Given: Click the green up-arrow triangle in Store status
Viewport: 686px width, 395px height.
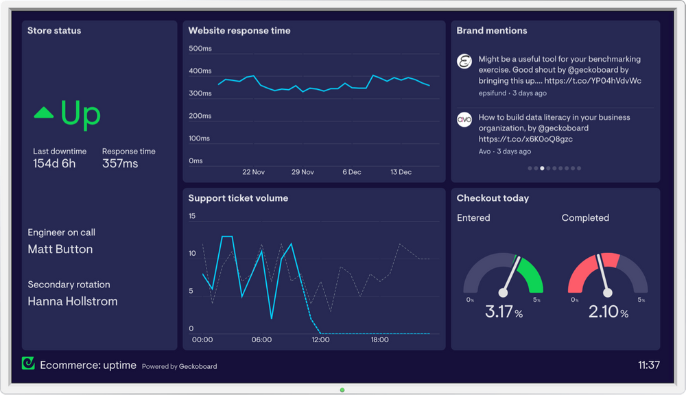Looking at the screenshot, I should tap(44, 112).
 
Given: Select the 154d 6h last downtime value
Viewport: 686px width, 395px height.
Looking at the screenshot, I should tap(54, 164).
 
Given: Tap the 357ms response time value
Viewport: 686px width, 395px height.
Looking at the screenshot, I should tap(120, 164).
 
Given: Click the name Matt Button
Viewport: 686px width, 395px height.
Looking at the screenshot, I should tap(60, 250).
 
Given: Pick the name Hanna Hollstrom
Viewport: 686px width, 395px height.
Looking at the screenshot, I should tap(73, 301).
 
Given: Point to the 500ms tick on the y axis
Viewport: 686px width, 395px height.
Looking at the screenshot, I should tap(200, 49).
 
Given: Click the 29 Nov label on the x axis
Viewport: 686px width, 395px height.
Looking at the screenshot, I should tap(303, 172).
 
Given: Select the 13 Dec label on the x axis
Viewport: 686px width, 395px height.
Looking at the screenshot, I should tap(401, 172).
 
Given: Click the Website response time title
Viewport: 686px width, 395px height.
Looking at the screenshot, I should tap(239, 31).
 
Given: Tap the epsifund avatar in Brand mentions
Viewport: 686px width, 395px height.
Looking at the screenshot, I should tap(464, 61).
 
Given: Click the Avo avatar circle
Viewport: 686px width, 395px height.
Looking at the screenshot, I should tap(464, 119).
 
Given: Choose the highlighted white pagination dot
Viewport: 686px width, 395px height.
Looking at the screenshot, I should tap(542, 168).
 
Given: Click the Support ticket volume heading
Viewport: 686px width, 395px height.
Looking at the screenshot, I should tap(238, 198).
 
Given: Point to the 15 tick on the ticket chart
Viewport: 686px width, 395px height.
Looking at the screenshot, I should tap(192, 217).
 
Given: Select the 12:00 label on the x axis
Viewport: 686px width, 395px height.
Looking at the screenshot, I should tap(320, 339).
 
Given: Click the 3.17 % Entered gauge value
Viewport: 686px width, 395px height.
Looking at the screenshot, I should tap(504, 312).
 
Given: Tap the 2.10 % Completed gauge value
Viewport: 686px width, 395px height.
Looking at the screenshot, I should tap(608, 312).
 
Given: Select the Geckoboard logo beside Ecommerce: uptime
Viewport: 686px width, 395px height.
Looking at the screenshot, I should tap(28, 364).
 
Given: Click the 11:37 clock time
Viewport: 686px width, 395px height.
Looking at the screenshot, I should tap(648, 366).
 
